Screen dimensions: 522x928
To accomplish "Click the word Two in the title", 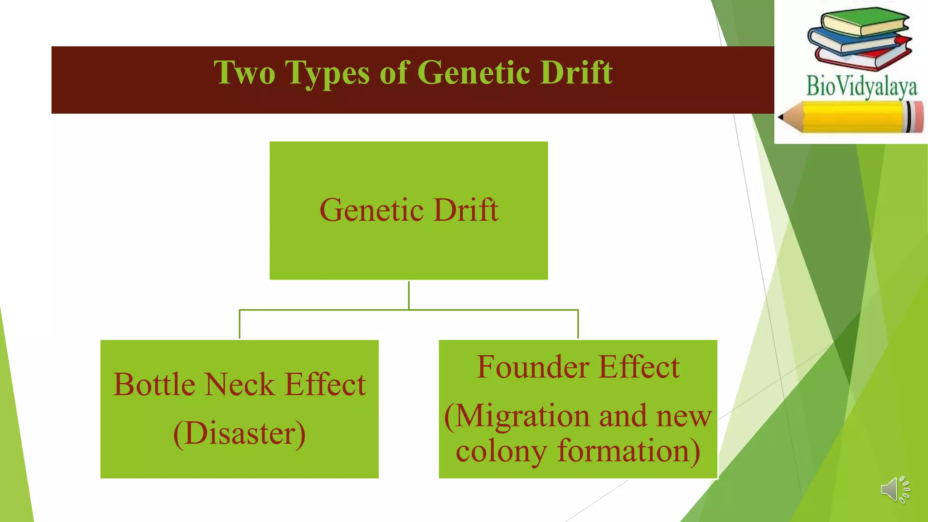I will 244,72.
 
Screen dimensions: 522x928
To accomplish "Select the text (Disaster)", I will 239,434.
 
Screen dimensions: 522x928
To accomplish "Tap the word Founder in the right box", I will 533,367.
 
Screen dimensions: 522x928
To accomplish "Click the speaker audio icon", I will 895,489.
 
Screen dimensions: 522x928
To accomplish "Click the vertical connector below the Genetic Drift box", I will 409,295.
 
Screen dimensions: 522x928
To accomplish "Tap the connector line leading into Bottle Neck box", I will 239,324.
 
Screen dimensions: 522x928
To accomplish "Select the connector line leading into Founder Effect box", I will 578,324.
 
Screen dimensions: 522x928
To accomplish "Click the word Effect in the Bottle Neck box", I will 325,385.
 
